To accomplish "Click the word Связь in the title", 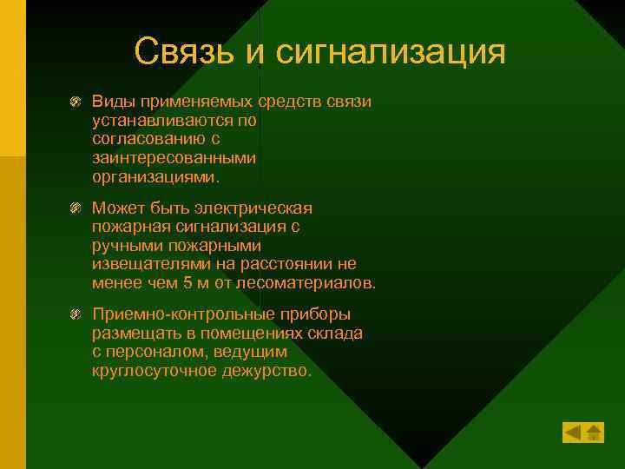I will pyautogui.click(x=186, y=51).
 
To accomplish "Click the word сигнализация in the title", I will pyautogui.click(x=391, y=51).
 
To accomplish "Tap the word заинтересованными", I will pyautogui.click(x=161, y=158).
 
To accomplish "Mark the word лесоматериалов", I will pyautogui.click(x=319, y=282).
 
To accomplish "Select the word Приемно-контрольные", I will pyautogui.click(x=174, y=314).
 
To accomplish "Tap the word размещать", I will pyautogui.click(x=133, y=334).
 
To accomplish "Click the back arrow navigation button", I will pyautogui.click(x=572, y=432).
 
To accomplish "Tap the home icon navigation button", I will pyautogui.click(x=594, y=432).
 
